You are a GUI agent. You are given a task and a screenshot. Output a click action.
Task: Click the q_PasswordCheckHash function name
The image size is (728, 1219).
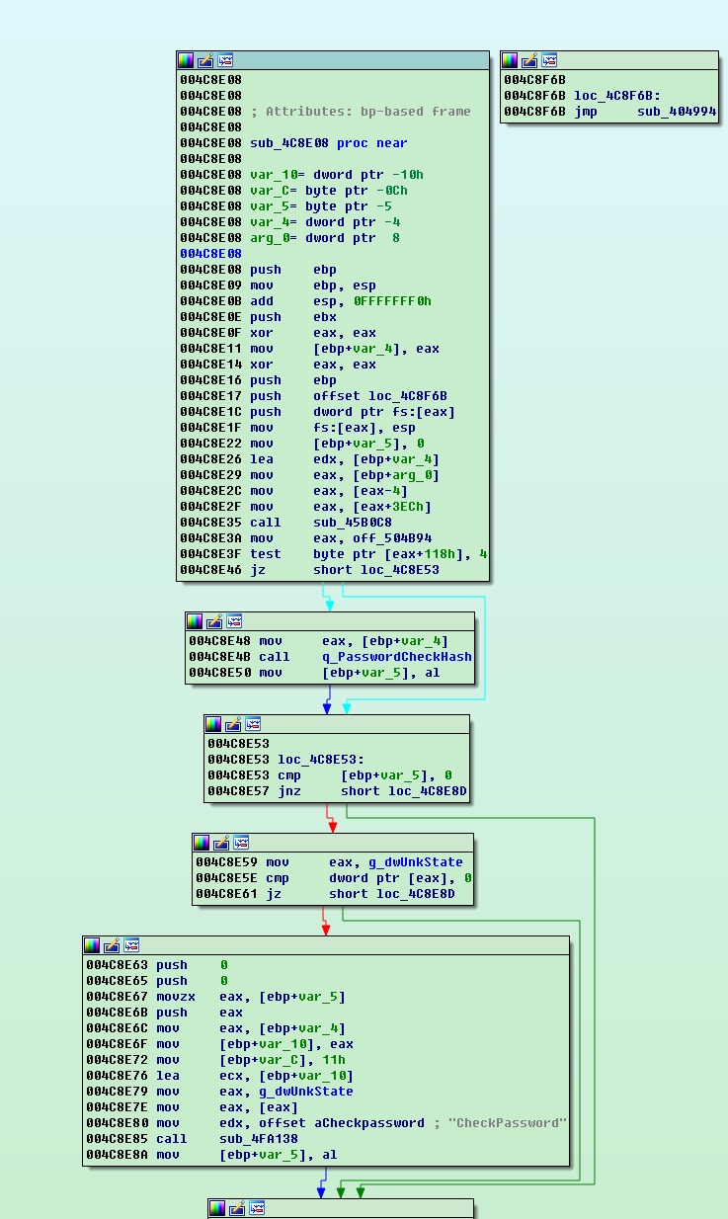(x=396, y=657)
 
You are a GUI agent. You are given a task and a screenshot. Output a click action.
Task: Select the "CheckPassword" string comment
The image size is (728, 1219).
(x=510, y=1123)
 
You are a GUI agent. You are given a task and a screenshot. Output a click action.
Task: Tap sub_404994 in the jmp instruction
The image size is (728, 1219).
(x=677, y=112)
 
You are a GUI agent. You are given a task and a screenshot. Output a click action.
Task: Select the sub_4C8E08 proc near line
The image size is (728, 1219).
(x=328, y=143)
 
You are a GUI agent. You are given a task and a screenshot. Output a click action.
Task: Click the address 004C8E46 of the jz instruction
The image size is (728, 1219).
(x=210, y=570)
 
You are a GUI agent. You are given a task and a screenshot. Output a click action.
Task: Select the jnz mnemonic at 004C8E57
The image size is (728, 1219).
(x=288, y=791)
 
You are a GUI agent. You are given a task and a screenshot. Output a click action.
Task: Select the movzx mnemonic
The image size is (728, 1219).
(x=176, y=997)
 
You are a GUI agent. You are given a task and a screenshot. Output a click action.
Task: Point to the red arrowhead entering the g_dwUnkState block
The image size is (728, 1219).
(x=332, y=826)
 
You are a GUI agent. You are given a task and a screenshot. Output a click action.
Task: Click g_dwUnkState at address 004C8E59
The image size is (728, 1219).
(x=416, y=862)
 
